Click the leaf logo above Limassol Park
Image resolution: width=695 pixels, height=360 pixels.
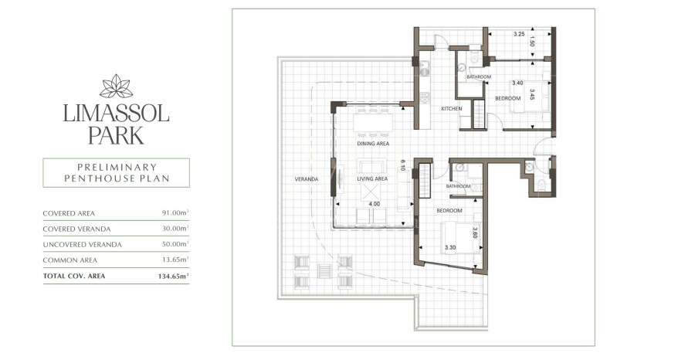point(116,86)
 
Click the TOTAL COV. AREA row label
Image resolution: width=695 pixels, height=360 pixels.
point(75,275)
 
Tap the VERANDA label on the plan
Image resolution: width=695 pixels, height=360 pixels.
point(307,179)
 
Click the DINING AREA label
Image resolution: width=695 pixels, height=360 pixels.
point(373,144)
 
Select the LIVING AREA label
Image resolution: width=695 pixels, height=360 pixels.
point(372,179)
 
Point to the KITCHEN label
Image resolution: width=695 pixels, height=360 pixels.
point(452,109)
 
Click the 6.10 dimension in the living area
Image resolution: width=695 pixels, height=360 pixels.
point(403,165)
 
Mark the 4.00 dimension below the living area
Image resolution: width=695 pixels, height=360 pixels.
point(373,205)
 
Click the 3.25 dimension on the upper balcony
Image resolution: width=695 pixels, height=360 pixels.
point(519,34)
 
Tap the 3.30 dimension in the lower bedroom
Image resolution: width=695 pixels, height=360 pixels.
point(452,248)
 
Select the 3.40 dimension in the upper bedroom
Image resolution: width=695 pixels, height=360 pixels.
point(517,83)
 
